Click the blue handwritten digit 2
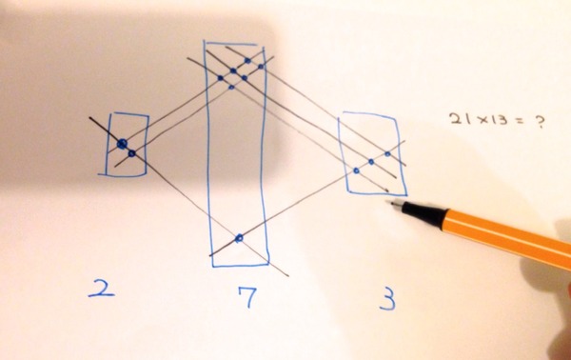[102, 289]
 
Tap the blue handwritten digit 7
[248, 296]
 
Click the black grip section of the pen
[425, 213]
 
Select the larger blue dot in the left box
[123, 144]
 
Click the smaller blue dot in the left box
[132, 153]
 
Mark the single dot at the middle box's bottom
[239, 238]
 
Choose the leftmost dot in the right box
[356, 170]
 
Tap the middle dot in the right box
[371, 162]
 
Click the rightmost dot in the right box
[387, 154]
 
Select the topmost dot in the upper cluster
[247, 61]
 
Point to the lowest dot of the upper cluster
[231, 87]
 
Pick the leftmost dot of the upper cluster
[221, 77]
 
